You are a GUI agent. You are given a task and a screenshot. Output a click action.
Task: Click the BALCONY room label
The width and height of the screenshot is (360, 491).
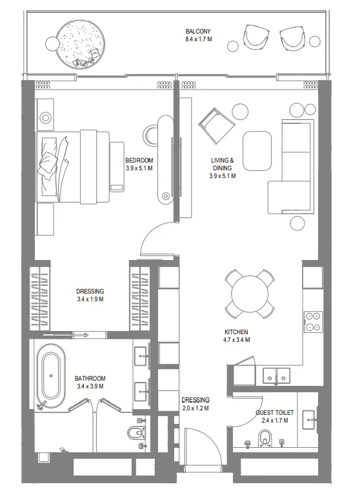pyautogui.click(x=198, y=31)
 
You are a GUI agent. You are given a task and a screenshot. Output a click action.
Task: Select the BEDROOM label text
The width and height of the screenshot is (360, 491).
pyautogui.click(x=139, y=161)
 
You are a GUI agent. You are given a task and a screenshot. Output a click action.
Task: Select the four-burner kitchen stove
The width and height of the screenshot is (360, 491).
pyautogui.click(x=313, y=321)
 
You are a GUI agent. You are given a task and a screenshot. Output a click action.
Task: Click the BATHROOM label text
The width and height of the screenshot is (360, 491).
pyautogui.click(x=90, y=379)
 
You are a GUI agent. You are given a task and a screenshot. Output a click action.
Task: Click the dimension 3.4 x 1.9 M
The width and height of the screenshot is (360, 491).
pyautogui.click(x=90, y=299)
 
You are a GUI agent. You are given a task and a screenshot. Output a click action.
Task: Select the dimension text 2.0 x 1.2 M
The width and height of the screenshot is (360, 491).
pyautogui.click(x=195, y=408)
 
